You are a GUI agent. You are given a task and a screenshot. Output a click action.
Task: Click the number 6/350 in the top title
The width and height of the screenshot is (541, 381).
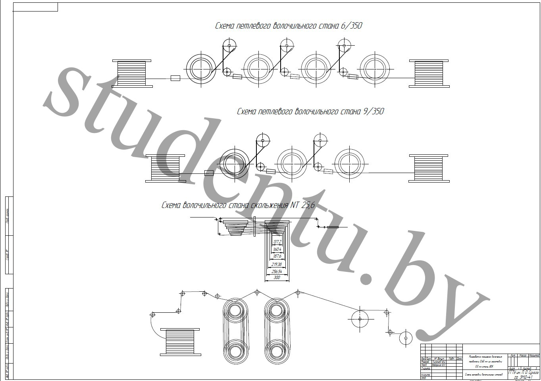(x=351, y=26)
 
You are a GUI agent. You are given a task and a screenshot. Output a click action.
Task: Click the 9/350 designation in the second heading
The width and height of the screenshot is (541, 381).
(x=374, y=112)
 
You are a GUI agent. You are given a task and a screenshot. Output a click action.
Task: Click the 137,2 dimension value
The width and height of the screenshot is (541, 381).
(x=277, y=242)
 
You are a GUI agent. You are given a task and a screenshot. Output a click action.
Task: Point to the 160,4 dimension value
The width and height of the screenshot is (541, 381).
(x=277, y=249)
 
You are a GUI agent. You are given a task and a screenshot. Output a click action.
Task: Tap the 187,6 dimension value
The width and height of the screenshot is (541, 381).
(x=277, y=256)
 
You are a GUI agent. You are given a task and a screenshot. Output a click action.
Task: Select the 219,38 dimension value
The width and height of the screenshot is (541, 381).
(x=277, y=264)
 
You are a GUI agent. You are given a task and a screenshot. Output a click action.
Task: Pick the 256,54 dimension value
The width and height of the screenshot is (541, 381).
(x=277, y=271)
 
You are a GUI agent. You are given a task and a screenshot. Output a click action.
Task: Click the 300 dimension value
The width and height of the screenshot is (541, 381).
(x=277, y=278)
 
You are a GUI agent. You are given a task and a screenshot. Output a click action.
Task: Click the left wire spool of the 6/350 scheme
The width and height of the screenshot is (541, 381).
(x=132, y=73)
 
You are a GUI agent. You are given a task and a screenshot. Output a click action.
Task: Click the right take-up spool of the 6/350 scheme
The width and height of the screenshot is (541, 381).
(x=429, y=73)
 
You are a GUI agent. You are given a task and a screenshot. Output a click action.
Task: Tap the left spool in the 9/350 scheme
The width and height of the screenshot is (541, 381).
(x=165, y=168)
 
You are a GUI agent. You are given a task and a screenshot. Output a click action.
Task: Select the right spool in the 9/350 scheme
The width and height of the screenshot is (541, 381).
(x=429, y=168)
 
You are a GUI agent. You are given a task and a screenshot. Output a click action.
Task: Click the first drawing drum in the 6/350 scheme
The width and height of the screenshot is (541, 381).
(x=201, y=68)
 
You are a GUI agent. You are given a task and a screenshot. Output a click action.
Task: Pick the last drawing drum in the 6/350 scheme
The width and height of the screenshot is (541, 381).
(x=375, y=68)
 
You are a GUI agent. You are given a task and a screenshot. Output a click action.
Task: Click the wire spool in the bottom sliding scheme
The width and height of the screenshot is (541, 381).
(x=180, y=342)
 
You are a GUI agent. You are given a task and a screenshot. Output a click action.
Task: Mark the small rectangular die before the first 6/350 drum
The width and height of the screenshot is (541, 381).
(x=175, y=78)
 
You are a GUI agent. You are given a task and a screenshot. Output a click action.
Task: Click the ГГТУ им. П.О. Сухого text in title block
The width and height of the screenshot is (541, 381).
(x=523, y=373)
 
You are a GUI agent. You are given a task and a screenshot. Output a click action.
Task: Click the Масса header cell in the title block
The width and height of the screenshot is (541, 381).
(x=523, y=355)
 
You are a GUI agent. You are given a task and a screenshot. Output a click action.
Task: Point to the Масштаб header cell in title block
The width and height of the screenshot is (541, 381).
(x=534, y=355)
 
